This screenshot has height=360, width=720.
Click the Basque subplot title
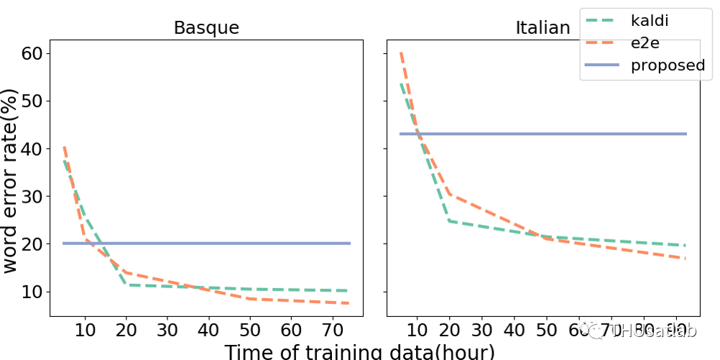click(206, 28)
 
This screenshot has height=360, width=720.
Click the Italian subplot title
click(543, 28)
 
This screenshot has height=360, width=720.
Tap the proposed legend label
click(668, 65)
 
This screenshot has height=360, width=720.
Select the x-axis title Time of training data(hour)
click(359, 351)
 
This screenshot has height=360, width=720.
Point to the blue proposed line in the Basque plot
click(216, 244)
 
